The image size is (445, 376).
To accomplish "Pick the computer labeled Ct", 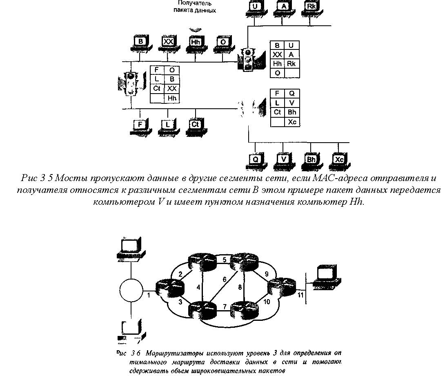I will [195, 125].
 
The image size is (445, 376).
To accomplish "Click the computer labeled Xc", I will [339, 161].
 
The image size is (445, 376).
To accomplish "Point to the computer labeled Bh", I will [311, 161].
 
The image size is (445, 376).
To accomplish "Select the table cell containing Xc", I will [292, 122].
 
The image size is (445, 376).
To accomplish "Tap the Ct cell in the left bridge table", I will [157, 89].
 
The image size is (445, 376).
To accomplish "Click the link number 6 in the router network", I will [224, 280].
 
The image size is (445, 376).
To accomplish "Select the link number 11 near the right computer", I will [301, 296].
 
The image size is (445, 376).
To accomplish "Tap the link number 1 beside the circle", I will [149, 295].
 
